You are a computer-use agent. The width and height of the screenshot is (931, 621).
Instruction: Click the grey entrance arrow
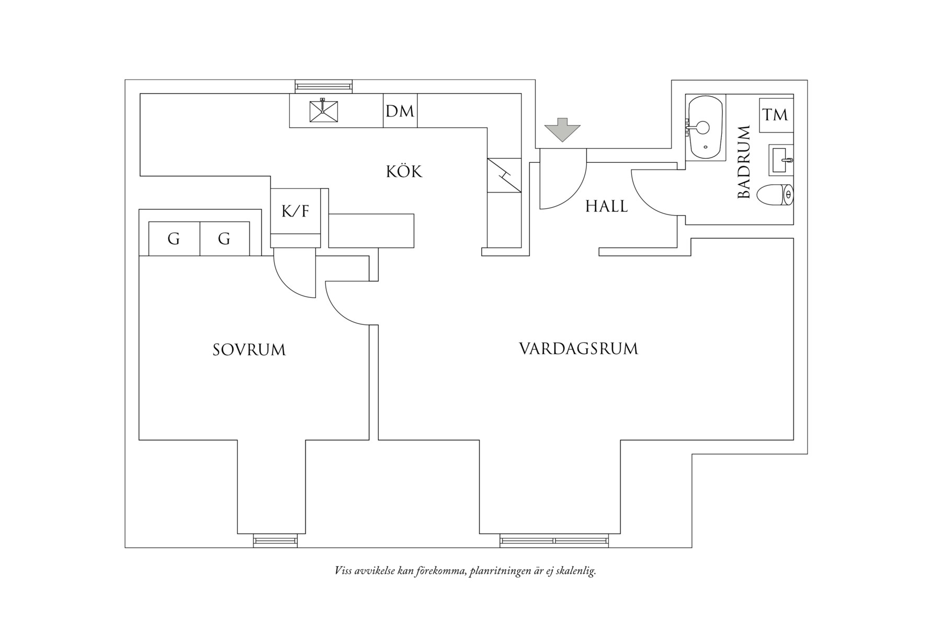[x=562, y=130]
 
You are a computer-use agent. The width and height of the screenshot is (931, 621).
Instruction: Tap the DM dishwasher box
[x=400, y=111]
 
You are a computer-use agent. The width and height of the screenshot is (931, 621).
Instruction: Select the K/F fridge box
[x=296, y=211]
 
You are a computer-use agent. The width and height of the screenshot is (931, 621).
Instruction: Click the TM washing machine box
[x=775, y=115]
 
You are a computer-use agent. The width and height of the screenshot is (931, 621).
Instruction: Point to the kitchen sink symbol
[x=323, y=110]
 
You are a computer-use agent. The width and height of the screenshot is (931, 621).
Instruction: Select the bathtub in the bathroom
[x=705, y=127]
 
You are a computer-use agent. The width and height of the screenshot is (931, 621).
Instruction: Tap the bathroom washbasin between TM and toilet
[x=781, y=160]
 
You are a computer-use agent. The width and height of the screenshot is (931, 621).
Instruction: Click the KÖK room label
[x=404, y=172]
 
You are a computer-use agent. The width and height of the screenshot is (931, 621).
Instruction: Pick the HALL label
[x=606, y=206]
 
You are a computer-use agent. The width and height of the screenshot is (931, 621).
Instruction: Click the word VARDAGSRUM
[x=578, y=349]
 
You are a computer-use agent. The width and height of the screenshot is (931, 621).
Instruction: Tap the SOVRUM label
[x=249, y=350]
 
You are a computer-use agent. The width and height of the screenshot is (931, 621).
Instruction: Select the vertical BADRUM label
[x=744, y=162]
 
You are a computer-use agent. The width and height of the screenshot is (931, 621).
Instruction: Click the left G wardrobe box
[x=174, y=239]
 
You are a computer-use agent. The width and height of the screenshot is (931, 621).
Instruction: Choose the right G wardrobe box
[x=224, y=239]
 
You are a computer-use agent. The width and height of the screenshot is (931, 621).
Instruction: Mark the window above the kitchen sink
[x=323, y=86]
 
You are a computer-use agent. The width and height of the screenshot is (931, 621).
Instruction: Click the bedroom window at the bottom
[x=275, y=540]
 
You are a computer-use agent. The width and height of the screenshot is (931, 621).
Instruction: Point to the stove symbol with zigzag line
[x=504, y=175]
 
